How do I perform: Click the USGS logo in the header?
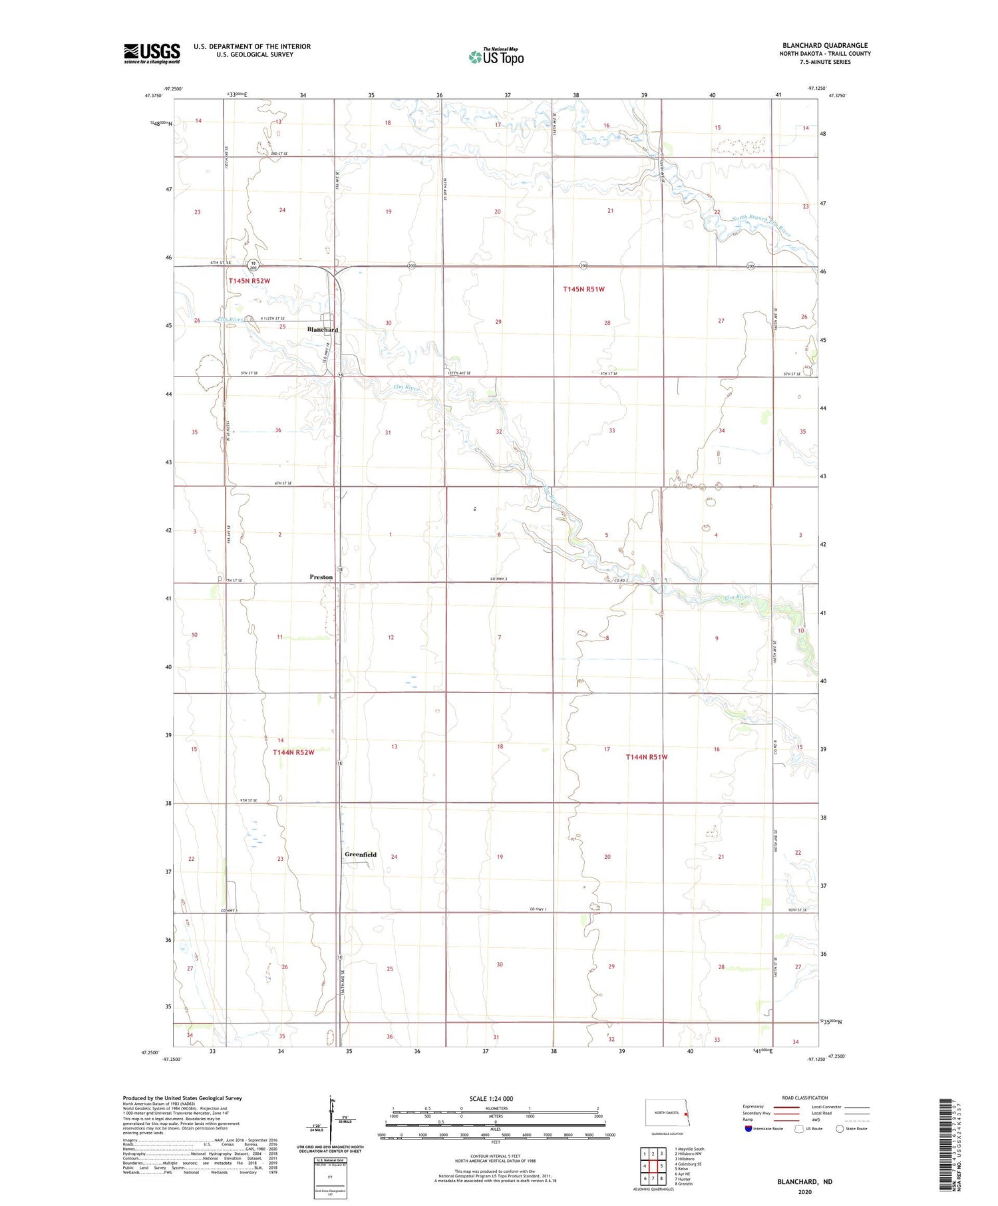[152, 53]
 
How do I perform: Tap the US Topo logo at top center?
[496, 57]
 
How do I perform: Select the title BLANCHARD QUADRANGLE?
[825, 45]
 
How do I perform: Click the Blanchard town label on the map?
[323, 330]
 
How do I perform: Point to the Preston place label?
[321, 577]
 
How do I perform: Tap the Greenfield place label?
[361, 855]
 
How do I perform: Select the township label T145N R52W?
[249, 281]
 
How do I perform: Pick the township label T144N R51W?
[646, 757]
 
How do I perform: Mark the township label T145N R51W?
[583, 289]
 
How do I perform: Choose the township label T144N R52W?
[293, 752]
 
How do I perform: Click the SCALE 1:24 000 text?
[491, 1098]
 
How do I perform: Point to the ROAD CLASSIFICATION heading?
[805, 1098]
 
